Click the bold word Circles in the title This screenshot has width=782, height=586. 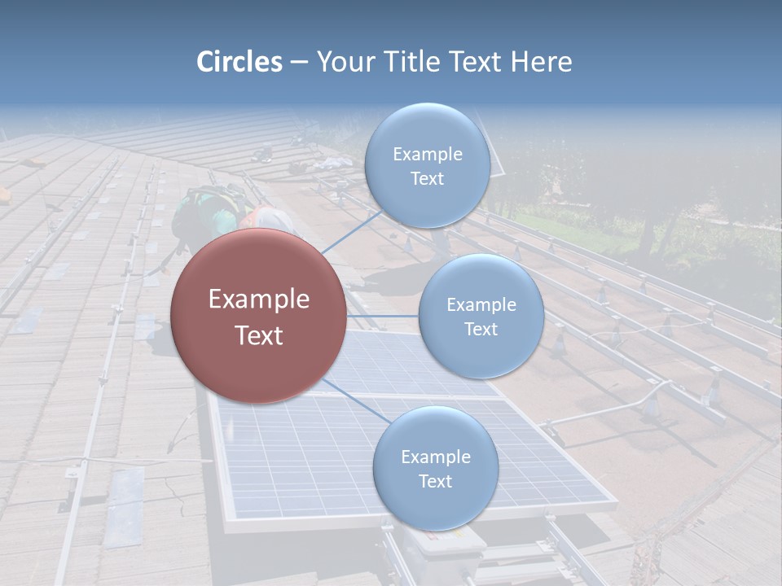coord(239,62)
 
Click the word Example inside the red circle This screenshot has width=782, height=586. coord(258,300)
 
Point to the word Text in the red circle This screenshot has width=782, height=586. coord(258,335)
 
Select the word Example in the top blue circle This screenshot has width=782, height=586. coord(427,155)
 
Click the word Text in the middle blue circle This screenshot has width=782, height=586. coord(481,329)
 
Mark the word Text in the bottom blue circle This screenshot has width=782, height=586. coord(435,481)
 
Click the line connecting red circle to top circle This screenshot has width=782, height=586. coord(352,232)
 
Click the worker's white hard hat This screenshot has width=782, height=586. coord(272,218)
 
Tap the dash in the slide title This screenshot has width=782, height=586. coord(299,63)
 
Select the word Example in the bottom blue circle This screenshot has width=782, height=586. coord(435,457)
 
